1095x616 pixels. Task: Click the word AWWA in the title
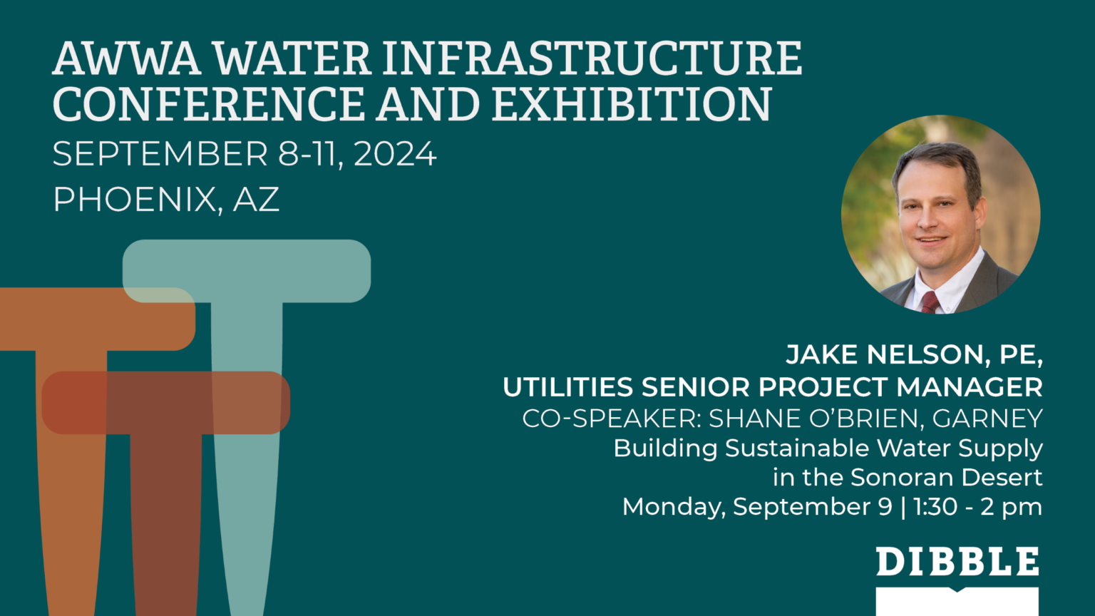126,58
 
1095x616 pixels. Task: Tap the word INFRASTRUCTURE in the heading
592,58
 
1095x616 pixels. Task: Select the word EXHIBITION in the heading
631,104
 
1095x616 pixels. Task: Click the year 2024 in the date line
395,154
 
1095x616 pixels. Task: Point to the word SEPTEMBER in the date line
160,154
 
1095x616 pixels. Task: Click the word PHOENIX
134,200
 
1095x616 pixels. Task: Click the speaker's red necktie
930,302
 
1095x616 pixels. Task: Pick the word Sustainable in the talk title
798,448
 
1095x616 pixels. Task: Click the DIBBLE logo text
957,562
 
